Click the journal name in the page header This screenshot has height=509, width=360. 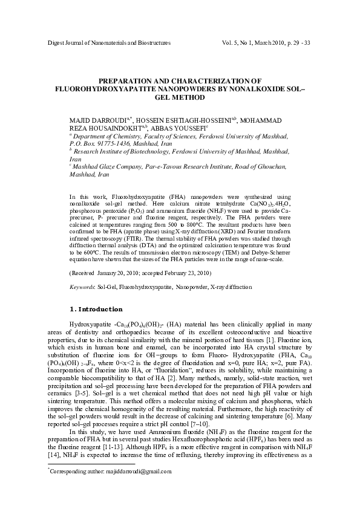click(109, 44)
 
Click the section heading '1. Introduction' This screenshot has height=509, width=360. click(97, 309)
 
